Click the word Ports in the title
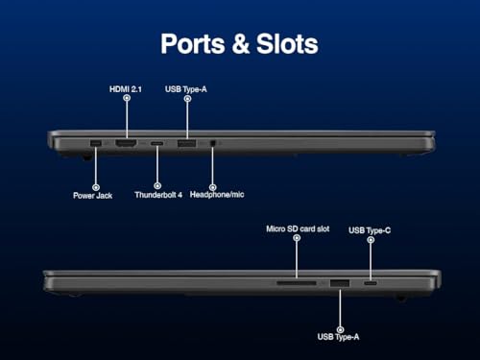(x=193, y=44)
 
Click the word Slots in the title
(x=287, y=44)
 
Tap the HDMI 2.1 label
(x=126, y=89)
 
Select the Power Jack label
(x=92, y=196)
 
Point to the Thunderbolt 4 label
(x=158, y=195)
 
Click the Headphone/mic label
(x=217, y=194)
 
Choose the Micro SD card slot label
(x=298, y=228)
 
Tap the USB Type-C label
(x=370, y=230)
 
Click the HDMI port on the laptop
(x=126, y=143)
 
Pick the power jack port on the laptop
(x=96, y=143)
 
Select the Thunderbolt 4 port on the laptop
(x=156, y=143)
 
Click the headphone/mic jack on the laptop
(x=213, y=143)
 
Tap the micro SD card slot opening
(x=297, y=283)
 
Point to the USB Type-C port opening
(x=371, y=283)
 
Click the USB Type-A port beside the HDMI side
(x=187, y=143)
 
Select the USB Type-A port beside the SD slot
(x=340, y=283)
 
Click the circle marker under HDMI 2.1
(x=127, y=98)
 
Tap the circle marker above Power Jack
(x=96, y=187)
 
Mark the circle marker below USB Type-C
(x=371, y=240)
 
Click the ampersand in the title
(x=240, y=44)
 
